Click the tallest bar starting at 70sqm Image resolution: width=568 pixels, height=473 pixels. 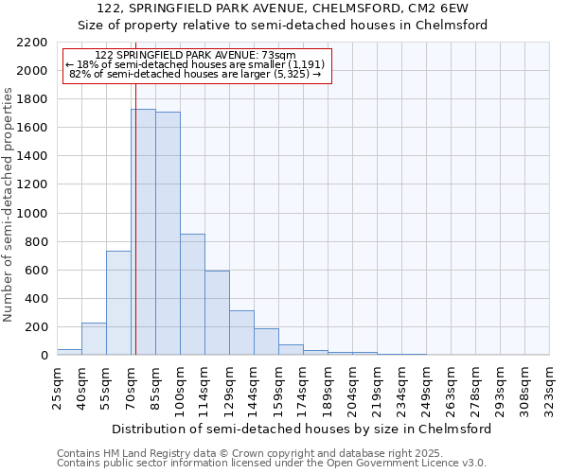143,232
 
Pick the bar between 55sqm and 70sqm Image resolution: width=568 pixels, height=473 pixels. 118,303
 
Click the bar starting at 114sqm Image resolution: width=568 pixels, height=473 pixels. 217,313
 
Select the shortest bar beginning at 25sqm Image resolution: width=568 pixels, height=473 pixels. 69,352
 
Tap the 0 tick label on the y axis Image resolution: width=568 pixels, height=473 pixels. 43,356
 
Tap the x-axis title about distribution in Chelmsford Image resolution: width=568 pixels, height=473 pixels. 302,429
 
